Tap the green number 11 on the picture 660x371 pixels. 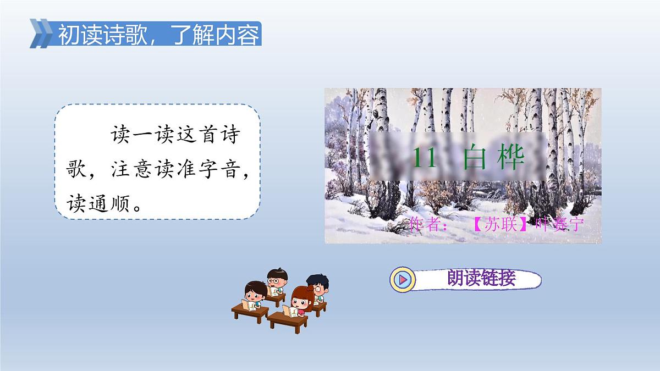424,158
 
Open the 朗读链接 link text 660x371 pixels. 481,279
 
